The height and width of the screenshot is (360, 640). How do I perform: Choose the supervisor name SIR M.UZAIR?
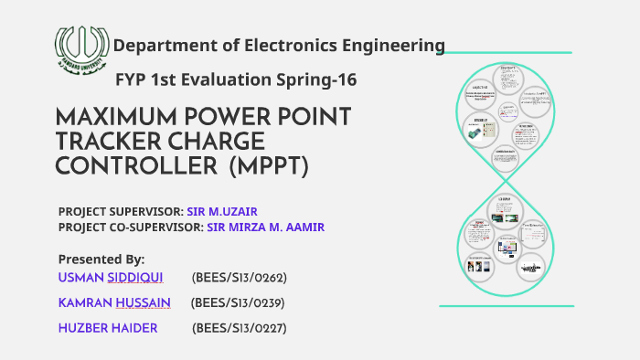click(223, 210)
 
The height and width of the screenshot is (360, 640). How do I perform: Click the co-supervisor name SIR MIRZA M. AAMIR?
click(266, 227)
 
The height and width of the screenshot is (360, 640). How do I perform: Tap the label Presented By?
click(101, 259)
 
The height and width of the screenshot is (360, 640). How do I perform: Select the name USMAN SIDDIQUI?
click(111, 277)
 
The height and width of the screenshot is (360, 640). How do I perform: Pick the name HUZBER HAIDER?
click(107, 327)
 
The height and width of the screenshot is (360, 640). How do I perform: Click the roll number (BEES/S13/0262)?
click(240, 277)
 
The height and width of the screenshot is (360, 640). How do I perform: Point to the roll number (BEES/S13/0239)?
click(239, 302)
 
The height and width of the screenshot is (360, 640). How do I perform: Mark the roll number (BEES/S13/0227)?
click(240, 327)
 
